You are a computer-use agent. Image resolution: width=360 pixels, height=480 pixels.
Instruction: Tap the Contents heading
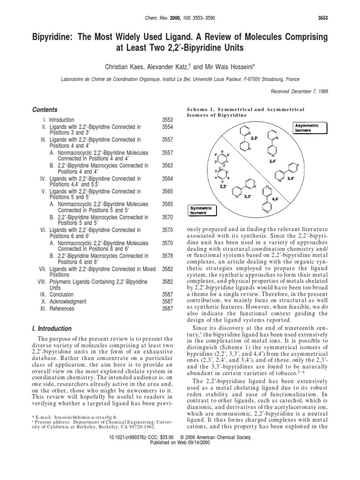pyautogui.click(x=45, y=109)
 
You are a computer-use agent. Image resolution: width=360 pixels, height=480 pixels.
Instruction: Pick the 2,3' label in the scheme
pyautogui.click(x=255, y=139)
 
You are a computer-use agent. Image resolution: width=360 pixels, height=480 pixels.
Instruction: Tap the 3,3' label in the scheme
pyautogui.click(x=247, y=197)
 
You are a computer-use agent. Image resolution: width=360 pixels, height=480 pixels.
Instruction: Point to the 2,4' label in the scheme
pyautogui.click(x=273, y=160)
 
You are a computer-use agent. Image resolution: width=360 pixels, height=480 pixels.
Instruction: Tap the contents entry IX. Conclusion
pyautogui.click(x=58, y=294)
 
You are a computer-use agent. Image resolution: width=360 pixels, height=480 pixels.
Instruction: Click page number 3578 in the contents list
pyautogui.click(x=167, y=255)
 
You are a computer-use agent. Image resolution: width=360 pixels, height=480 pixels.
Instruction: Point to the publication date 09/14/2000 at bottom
pyautogui.click(x=199, y=442)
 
